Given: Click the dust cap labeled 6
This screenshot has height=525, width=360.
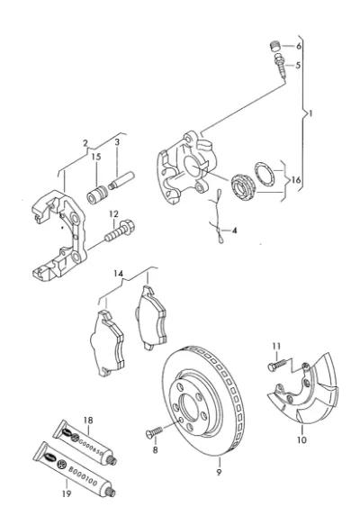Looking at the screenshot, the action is point(274,46).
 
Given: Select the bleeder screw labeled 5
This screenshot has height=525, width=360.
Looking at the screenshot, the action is point(281,67).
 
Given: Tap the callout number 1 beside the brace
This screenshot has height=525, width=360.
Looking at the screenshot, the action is point(310,113).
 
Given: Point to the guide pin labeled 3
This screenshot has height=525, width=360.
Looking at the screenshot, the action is point(121,180).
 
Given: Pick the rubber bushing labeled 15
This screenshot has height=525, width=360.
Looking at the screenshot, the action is point(97,195).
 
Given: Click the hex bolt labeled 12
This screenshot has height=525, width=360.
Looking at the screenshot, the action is point(120,231).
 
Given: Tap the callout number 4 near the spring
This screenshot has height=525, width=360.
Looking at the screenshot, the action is point(234,231).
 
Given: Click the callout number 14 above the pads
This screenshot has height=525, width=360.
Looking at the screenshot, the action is point(118,274).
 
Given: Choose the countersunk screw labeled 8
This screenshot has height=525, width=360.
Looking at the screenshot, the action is point(154,432).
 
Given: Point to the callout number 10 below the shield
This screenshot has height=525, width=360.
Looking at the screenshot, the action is point(301,439).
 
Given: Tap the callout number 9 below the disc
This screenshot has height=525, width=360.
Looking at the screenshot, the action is point(219,472).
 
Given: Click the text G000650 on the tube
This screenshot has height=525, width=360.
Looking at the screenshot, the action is point(90,446).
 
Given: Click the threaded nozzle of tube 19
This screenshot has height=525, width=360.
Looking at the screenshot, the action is point(110,492).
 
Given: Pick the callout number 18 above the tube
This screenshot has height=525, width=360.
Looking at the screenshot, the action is point(88,421).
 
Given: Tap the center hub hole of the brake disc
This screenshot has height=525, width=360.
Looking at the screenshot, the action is point(189,407).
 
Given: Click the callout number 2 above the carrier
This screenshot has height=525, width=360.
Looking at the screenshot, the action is point(85,143).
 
